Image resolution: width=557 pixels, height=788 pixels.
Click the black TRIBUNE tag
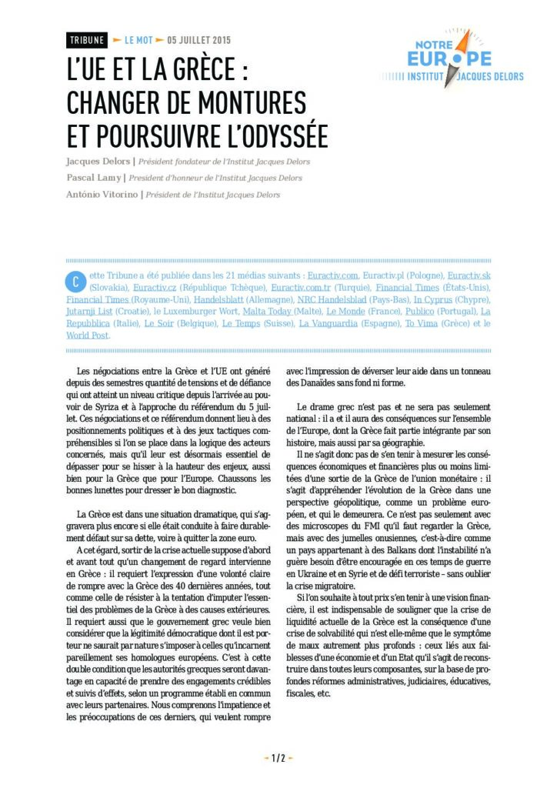(x=87, y=40)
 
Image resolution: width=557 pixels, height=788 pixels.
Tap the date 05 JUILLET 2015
(x=199, y=40)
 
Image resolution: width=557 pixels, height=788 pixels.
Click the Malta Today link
(x=266, y=311)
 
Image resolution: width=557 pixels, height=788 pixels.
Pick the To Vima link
(x=422, y=323)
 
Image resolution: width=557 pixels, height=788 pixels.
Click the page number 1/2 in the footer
(x=278, y=758)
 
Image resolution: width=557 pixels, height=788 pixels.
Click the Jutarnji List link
(x=89, y=311)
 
